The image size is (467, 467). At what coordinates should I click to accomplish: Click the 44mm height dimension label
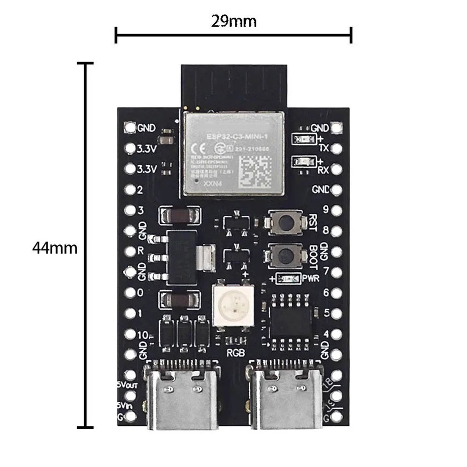tap(55, 247)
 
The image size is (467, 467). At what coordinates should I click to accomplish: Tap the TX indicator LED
tap(301, 138)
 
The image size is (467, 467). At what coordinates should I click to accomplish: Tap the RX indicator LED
tap(301, 162)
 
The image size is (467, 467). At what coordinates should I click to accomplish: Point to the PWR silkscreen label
tap(310, 279)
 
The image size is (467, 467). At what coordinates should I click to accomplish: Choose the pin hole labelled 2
tap(130, 190)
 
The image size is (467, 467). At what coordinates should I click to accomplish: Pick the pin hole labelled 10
tap(130, 334)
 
